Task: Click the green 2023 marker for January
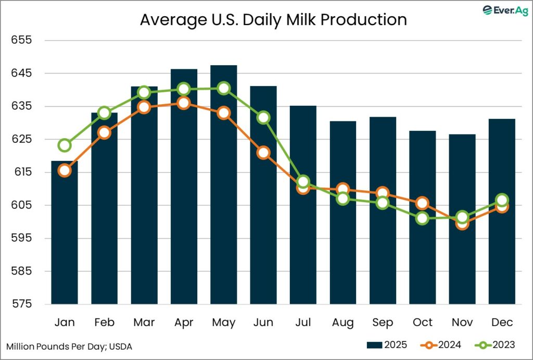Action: coord(65,145)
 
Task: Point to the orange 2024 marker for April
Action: coord(184,103)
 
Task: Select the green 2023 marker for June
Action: coord(263,117)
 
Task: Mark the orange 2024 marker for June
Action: coord(263,153)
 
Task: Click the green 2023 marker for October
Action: coord(422,218)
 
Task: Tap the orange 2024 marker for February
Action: coord(104,132)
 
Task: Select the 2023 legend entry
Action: coord(494,345)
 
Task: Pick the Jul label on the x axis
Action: coord(303,322)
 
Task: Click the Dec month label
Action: coord(502,322)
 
